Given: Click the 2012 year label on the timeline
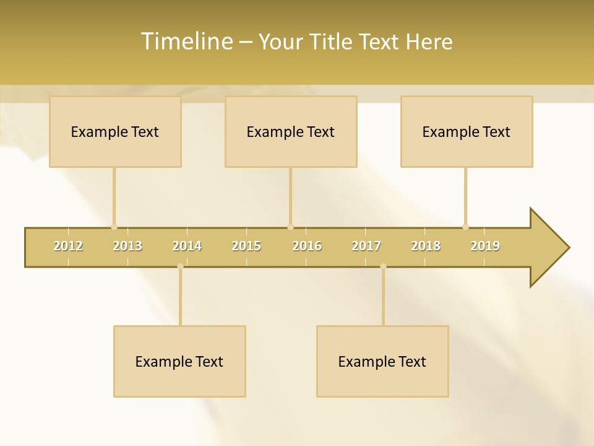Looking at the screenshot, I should [x=68, y=246].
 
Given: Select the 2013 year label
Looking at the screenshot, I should [x=127, y=246].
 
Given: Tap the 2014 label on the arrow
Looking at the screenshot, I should [x=187, y=246].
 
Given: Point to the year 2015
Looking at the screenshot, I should [x=246, y=246].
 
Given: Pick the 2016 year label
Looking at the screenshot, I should [x=307, y=246].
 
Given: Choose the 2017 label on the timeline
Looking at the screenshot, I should [x=366, y=246].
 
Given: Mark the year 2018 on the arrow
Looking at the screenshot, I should [x=426, y=246].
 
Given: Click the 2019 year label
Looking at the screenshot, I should [x=485, y=246].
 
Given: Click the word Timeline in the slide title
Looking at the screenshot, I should [x=186, y=42].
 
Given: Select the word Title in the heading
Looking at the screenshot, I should [x=332, y=42].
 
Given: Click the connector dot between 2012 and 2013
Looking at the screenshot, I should [x=114, y=227].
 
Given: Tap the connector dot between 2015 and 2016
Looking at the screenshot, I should [x=290, y=227].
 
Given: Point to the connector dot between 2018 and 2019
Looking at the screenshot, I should [x=465, y=227].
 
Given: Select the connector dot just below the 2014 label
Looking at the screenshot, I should [x=180, y=266].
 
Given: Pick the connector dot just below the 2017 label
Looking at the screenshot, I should [x=383, y=266].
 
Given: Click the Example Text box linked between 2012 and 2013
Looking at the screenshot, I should [x=115, y=131].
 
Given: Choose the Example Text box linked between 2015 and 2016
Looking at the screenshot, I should [x=291, y=131].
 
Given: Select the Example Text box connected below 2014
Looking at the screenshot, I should [x=179, y=361].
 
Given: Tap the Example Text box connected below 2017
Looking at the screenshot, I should [x=382, y=361].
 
